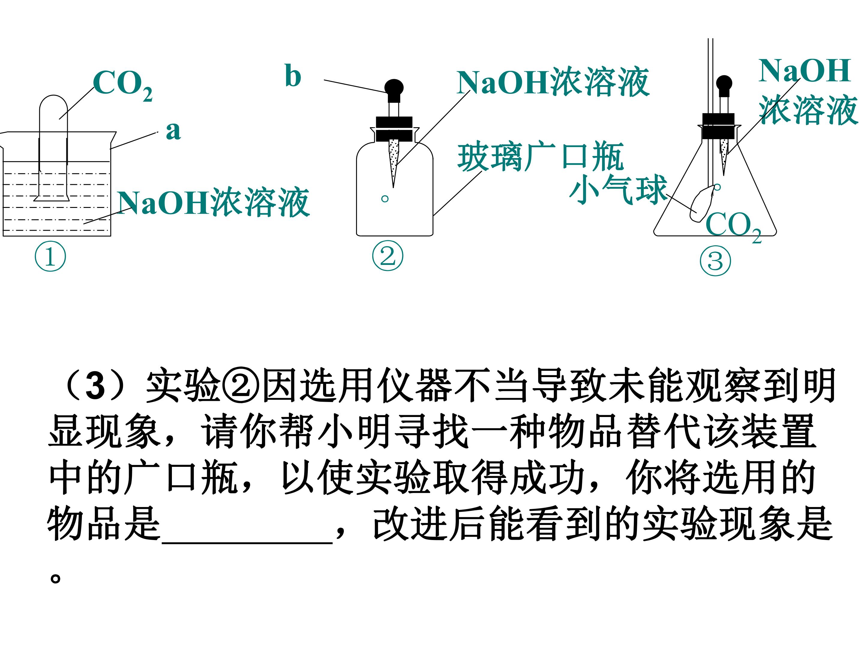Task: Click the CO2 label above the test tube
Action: [x=123, y=85]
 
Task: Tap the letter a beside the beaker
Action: [x=173, y=130]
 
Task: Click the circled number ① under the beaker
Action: [x=50, y=257]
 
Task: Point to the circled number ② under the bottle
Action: [x=388, y=256]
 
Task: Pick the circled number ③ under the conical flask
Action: [x=715, y=261]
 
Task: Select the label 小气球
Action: [x=618, y=189]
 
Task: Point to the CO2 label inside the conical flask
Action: [x=733, y=226]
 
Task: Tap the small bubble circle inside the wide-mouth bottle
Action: [x=385, y=199]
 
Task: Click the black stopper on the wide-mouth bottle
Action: [x=394, y=129]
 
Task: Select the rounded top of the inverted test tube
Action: [x=53, y=102]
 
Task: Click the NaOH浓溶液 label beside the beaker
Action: [x=213, y=202]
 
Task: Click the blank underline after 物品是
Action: [x=247, y=542]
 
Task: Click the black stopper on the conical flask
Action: [x=718, y=126]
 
